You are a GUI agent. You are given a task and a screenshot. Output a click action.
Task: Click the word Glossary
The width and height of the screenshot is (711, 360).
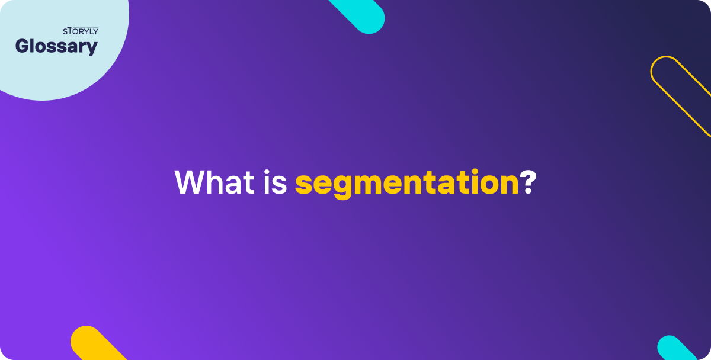click(x=56, y=46)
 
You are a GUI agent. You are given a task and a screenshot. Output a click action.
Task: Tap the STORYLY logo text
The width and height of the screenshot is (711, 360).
click(x=81, y=31)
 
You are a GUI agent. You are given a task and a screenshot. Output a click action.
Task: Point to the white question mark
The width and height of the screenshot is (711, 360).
click(x=529, y=182)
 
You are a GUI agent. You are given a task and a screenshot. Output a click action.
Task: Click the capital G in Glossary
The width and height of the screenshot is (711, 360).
click(x=23, y=46)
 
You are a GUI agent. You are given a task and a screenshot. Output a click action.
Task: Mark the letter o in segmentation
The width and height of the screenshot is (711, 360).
click(x=488, y=184)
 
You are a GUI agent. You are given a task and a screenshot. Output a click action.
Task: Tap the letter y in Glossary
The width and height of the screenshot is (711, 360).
click(x=91, y=49)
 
